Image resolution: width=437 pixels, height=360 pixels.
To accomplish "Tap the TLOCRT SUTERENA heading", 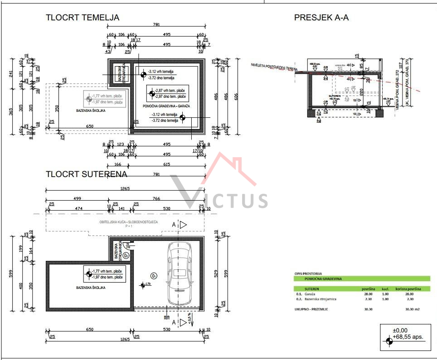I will point(86,174).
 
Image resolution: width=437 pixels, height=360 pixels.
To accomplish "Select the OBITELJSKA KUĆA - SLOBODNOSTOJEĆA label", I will point(128,222).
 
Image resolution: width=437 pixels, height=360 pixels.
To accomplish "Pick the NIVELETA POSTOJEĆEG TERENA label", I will point(274,67).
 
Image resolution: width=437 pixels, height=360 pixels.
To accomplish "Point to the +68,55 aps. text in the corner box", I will point(408,337).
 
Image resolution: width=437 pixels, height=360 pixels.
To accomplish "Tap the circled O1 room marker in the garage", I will point(154,276).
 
